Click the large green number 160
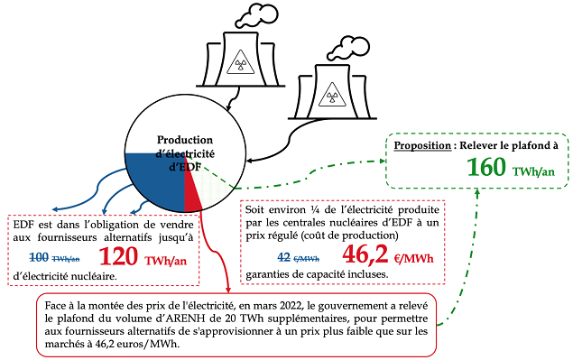[x=486, y=167]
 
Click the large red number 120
[x=118, y=256]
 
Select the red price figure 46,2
[x=365, y=254]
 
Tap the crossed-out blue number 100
[x=39, y=257]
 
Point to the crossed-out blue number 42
[x=283, y=257]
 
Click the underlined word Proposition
[x=422, y=145]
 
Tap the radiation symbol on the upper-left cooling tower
[x=240, y=63]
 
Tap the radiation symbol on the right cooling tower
[x=332, y=96]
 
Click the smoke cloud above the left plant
[x=256, y=15]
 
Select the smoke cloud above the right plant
[x=348, y=48]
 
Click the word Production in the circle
[x=185, y=140]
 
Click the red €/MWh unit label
[x=413, y=259]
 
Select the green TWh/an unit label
[x=533, y=171]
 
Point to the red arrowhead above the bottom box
[x=228, y=289]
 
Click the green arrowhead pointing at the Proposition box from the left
[x=383, y=161]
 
